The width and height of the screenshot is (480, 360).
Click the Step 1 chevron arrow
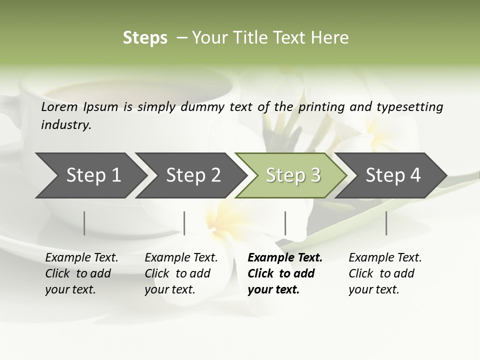click(x=90, y=175)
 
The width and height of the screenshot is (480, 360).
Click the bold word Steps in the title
click(x=145, y=38)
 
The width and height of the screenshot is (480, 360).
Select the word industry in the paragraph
click(x=65, y=125)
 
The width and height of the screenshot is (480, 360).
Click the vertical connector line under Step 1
click(x=84, y=223)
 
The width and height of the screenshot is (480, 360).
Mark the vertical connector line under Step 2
click(x=184, y=223)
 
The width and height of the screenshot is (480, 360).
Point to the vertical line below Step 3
click(x=285, y=223)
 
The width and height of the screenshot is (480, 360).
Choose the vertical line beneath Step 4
click(x=386, y=223)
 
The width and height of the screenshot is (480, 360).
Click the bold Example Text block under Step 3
click(x=284, y=273)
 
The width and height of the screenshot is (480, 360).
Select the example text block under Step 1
click(x=81, y=273)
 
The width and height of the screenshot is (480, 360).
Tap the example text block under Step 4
click(x=384, y=273)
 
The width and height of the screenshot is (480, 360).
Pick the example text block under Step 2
click(x=180, y=273)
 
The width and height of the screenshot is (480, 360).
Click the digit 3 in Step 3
click(x=315, y=175)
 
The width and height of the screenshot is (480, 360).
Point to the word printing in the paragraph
click(x=324, y=107)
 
